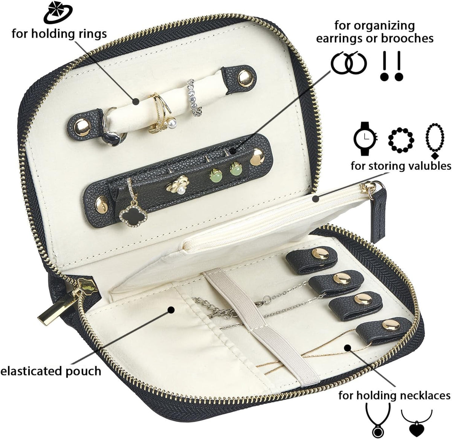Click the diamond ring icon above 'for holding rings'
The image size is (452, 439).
click(58, 13)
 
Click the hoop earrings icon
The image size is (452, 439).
click(349, 63)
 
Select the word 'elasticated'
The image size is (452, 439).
click(32, 371)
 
